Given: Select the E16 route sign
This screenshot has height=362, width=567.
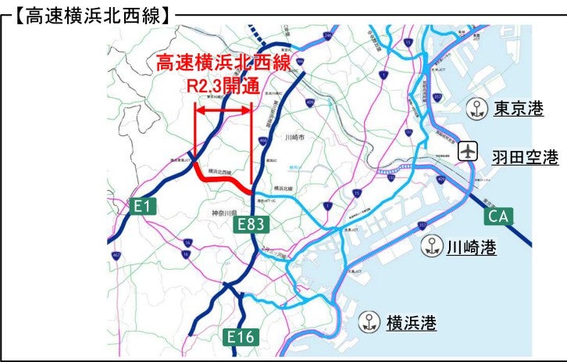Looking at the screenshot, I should pyautogui.click(x=241, y=337).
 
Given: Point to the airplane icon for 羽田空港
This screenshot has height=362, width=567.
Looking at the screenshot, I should pyautogui.click(x=468, y=149).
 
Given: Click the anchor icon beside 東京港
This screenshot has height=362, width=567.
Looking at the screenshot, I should pyautogui.click(x=474, y=109).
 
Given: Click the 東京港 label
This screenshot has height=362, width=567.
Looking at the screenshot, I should pyautogui.click(x=518, y=109).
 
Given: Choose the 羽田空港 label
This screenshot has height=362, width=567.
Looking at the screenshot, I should pyautogui.click(x=525, y=158).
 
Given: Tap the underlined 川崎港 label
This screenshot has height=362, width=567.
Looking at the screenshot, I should pyautogui.click(x=471, y=249).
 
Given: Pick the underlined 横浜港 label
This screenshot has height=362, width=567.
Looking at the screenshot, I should pyautogui.click(x=411, y=321).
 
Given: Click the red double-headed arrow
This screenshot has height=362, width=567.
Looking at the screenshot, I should pyautogui.click(x=223, y=112).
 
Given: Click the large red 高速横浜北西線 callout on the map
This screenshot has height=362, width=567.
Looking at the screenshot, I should pyautogui.click(x=223, y=63).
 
